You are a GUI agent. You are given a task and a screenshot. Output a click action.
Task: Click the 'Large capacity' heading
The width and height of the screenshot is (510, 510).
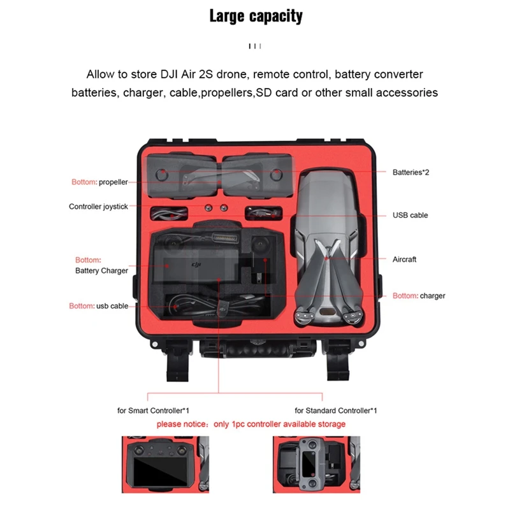point(256,16)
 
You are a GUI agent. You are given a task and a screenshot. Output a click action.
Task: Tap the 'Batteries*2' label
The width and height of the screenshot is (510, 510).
point(411,172)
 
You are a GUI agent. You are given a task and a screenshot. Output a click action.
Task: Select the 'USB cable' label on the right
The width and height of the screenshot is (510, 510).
point(410,215)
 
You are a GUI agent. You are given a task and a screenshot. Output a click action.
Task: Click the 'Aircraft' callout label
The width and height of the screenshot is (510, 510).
point(404,259)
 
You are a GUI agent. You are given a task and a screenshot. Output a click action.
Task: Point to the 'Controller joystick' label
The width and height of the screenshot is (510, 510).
point(98,207)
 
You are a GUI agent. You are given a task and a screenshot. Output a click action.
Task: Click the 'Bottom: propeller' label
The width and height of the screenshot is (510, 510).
point(99,182)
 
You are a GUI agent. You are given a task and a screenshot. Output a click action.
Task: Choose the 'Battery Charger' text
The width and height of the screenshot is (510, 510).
point(101,270)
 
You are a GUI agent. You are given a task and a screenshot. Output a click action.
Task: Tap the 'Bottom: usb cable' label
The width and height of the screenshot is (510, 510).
point(98,306)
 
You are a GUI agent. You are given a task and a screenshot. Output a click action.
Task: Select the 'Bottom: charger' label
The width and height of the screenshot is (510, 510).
point(419,296)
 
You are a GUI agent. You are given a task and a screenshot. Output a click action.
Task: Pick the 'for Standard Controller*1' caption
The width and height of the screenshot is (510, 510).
point(336,411)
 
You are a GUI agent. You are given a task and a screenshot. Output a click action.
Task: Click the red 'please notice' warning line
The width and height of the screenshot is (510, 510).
point(251,424)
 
